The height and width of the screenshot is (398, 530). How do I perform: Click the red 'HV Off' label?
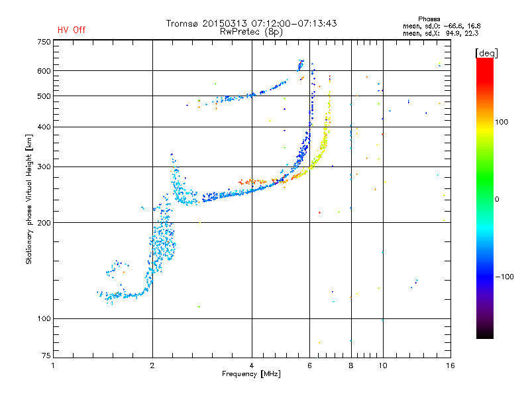[72, 30]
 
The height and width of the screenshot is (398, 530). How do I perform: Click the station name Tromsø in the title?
[182, 23]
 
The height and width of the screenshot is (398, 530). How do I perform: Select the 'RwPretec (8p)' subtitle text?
[251, 31]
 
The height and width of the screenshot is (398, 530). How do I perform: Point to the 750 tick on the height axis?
[44, 42]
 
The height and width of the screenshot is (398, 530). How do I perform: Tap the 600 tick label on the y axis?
[44, 71]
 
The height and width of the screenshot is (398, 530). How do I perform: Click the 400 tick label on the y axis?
[44, 127]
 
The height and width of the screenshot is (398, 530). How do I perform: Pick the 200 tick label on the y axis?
[44, 223]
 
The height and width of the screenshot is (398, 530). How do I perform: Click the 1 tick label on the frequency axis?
[53, 365]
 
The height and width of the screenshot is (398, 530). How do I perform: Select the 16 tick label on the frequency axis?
[449, 365]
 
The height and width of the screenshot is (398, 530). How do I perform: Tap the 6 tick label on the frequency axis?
[309, 365]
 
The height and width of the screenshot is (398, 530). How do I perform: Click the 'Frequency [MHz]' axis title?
[251, 374]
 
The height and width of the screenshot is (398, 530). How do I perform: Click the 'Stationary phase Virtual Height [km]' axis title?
[29, 199]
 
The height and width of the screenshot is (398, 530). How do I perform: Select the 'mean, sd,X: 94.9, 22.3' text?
[441, 33]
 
